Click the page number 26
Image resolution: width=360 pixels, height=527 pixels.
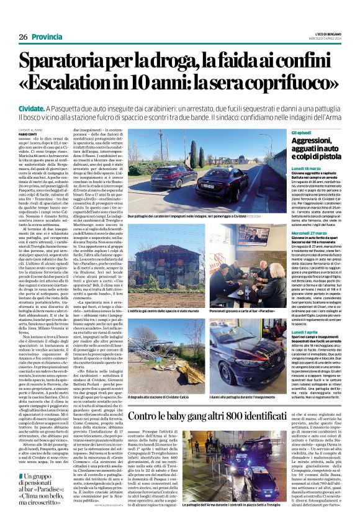[x=23, y=37]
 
